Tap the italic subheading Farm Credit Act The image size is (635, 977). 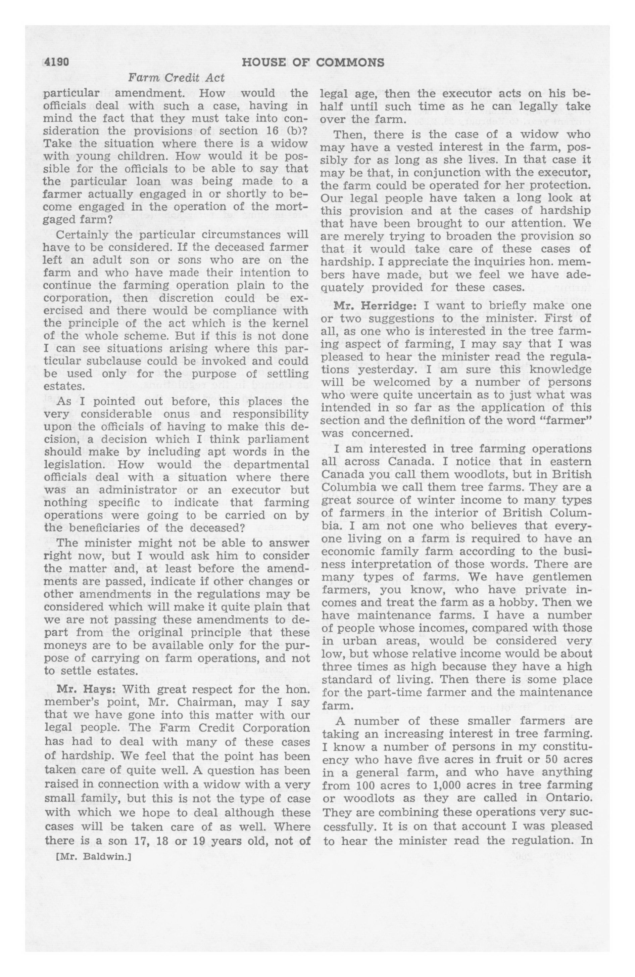tap(177, 78)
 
